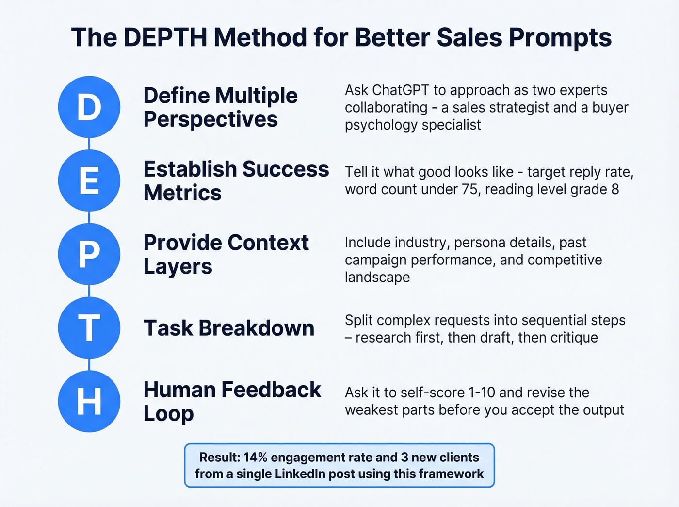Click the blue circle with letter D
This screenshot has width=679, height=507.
[x=89, y=107]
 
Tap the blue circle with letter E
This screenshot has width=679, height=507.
[x=89, y=180]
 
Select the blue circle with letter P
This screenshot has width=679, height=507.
[x=89, y=254]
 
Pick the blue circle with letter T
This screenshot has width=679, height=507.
[x=89, y=328]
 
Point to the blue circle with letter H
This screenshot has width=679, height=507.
[x=89, y=401]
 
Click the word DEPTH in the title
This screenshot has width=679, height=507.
[x=165, y=37]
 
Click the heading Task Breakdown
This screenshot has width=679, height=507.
[x=229, y=328]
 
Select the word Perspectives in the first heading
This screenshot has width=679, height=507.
[x=210, y=119]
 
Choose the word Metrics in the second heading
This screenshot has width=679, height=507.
[x=182, y=193]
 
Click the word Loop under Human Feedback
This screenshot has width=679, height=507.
[x=168, y=414]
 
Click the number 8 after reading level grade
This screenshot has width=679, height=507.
[x=615, y=189]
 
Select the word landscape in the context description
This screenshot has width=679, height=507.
[x=377, y=278]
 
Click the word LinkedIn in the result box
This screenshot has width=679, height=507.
[x=301, y=474]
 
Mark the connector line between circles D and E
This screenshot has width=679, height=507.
[x=89, y=144]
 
